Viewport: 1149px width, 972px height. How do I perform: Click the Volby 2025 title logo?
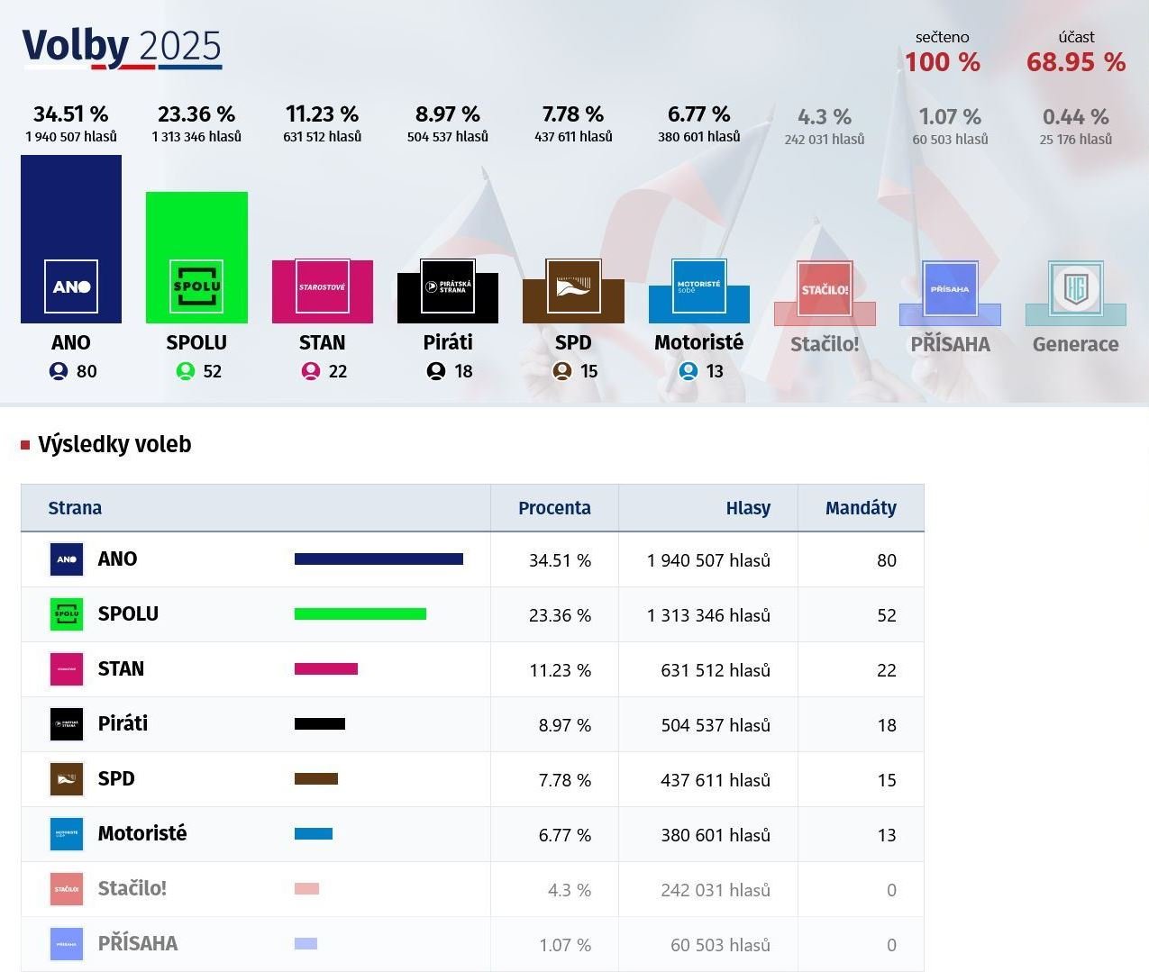pyautogui.click(x=122, y=47)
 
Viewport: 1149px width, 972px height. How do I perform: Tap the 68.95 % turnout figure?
pyautogui.click(x=1075, y=62)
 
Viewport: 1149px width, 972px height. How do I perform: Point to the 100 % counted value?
pyautogui.click(x=942, y=62)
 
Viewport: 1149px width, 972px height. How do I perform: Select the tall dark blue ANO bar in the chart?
pyautogui.click(x=71, y=207)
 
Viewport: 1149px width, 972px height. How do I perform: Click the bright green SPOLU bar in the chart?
pyautogui.click(x=196, y=225)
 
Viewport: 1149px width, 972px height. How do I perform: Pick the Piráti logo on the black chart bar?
pyautogui.click(x=448, y=286)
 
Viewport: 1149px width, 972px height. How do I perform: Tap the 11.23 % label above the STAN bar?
pyautogui.click(x=322, y=114)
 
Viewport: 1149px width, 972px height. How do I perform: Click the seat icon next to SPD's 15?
pyautogui.click(x=562, y=371)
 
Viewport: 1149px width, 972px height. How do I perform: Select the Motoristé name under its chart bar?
pyautogui.click(x=698, y=342)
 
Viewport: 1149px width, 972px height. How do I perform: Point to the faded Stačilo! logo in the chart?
pyautogui.click(x=825, y=289)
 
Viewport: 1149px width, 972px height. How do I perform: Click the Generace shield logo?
pyautogui.click(x=1075, y=288)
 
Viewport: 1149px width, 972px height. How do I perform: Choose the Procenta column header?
pyautogui.click(x=554, y=508)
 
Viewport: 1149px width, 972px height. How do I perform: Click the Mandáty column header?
pyautogui.click(x=861, y=508)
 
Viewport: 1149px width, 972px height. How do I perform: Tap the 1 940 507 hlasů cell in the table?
pyautogui.click(x=708, y=560)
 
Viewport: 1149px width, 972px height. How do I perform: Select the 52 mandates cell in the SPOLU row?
pyautogui.click(x=886, y=615)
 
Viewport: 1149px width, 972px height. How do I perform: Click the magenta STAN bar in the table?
pyautogui.click(x=326, y=669)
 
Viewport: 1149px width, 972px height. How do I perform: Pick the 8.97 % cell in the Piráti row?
pyautogui.click(x=564, y=725)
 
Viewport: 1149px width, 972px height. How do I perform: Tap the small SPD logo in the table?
pyautogui.click(x=67, y=779)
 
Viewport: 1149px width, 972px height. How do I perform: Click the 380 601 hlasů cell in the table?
pyautogui.click(x=716, y=835)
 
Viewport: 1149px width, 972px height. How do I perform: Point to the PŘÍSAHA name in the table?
pyautogui.click(x=138, y=944)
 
